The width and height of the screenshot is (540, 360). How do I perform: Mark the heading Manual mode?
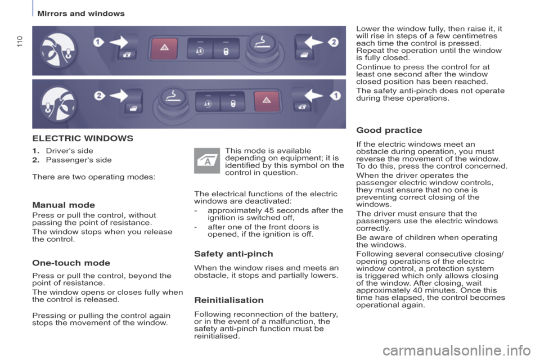pyautogui.click(x=64, y=205)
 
